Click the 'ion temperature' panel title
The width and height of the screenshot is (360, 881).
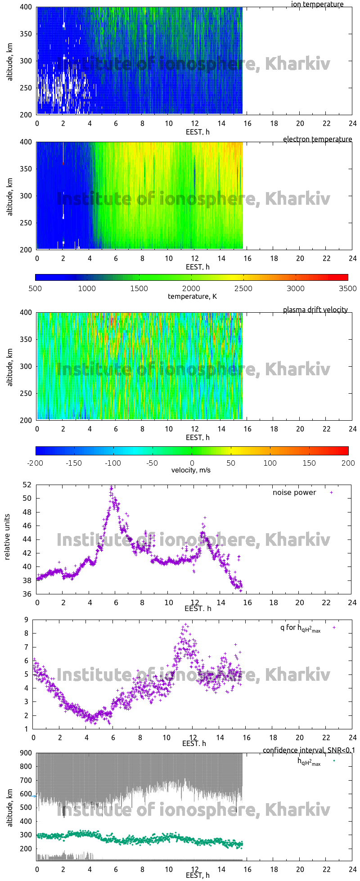(317, 4)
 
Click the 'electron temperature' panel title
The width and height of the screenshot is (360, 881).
(317, 139)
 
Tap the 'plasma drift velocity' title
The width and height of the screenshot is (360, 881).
(315, 310)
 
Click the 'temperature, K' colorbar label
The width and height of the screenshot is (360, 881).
(192, 296)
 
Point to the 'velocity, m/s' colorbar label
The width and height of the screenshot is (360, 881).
(191, 470)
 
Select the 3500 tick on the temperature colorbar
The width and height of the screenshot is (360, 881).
(347, 288)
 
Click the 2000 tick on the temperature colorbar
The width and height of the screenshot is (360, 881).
(191, 288)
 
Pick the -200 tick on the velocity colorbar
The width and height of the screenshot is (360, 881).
(35, 463)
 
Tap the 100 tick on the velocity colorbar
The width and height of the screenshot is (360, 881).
(270, 463)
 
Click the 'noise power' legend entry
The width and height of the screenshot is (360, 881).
(294, 492)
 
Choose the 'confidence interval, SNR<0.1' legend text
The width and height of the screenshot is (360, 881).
(309, 750)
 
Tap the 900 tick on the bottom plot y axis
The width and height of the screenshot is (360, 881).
(25, 753)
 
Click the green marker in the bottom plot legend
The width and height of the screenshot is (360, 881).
(334, 760)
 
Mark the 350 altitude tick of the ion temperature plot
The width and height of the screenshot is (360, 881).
(25, 34)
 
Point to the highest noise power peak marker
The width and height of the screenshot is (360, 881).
(111, 487)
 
